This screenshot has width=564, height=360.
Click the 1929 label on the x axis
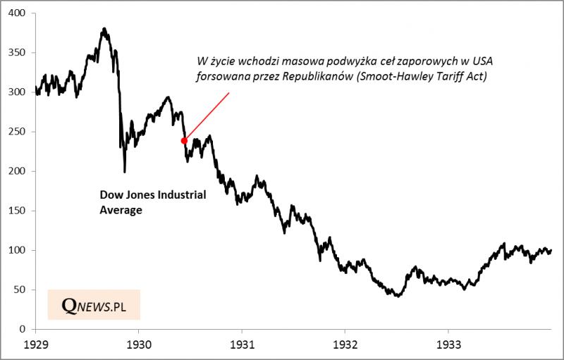tap(36, 345)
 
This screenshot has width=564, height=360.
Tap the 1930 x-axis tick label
tap(139, 345)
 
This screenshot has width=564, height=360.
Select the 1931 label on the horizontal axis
tap(242, 345)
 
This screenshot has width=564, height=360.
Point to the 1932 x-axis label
tap(344, 345)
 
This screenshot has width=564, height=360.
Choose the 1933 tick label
tap(447, 345)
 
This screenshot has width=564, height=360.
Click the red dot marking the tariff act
tap(185, 140)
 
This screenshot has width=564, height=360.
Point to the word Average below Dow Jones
tap(119, 209)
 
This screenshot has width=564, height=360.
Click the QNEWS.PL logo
tap(93, 305)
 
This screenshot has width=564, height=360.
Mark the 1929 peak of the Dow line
tap(104, 29)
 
